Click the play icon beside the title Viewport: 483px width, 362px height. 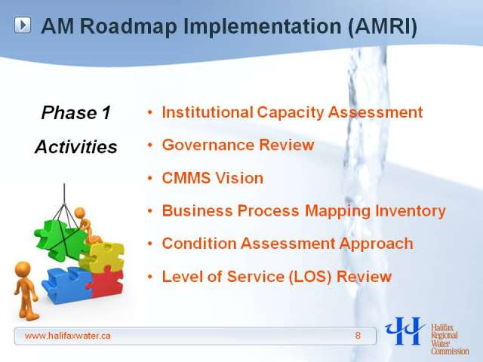click(23, 25)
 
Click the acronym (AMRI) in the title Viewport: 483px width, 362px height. click(383, 26)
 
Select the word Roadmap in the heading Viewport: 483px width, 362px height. click(128, 26)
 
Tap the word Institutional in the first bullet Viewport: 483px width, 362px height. click(208, 112)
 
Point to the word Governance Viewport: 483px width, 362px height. click(208, 145)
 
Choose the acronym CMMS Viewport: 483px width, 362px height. click(186, 178)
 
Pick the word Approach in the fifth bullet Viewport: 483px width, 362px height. click(376, 244)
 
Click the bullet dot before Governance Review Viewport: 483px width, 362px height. click(150, 145)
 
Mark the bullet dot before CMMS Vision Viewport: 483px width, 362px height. click(150, 178)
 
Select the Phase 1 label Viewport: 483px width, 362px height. click(75, 112)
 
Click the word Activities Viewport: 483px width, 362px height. click(76, 146)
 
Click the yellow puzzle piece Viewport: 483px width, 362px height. click(102, 256)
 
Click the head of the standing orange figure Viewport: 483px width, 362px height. click(23, 269)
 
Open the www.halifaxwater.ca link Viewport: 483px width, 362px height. click(68, 336)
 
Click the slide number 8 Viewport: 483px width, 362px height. click(358, 336)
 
